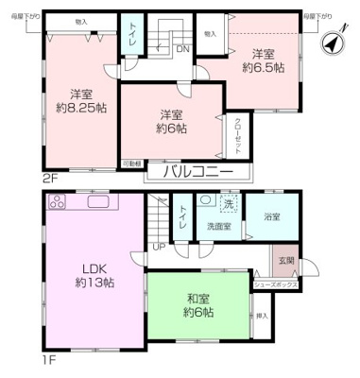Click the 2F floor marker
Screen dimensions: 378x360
(50, 176)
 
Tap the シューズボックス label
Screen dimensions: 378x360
(276, 283)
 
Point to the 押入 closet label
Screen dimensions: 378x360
(262, 316)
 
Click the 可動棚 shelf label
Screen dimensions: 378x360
(132, 163)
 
